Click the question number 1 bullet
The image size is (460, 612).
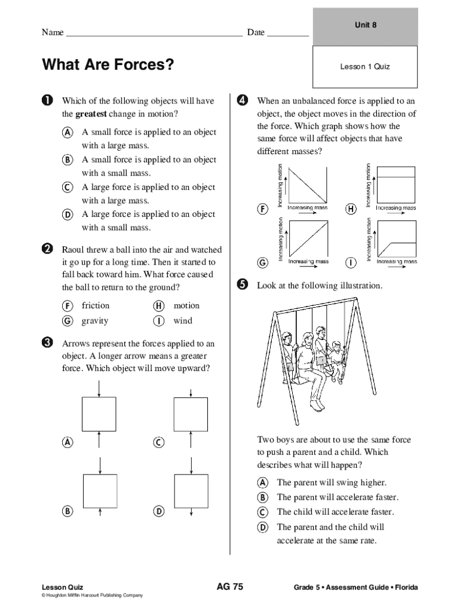click(x=47, y=100)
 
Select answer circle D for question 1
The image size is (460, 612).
click(x=68, y=215)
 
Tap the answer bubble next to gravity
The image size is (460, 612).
click(x=68, y=321)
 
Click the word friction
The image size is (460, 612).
click(x=96, y=305)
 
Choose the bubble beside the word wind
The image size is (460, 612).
click(x=158, y=321)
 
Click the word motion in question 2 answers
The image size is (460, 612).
click(x=186, y=305)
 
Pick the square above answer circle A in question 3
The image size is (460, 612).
click(x=99, y=414)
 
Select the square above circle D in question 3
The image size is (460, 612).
click(x=191, y=491)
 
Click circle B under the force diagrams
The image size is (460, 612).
click(x=68, y=511)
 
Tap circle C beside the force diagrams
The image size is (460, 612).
click(x=158, y=442)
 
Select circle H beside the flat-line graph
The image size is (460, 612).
click(x=351, y=209)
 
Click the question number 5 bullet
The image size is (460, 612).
click(x=242, y=284)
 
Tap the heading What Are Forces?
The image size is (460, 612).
click(x=108, y=64)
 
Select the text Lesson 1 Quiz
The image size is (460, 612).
click(x=365, y=66)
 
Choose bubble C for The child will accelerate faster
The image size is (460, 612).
click(x=262, y=512)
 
